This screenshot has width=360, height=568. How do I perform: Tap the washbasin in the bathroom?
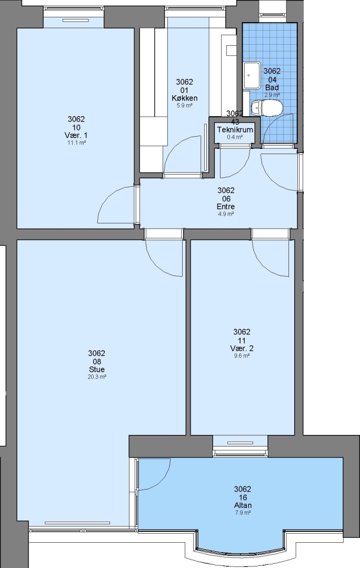point(252,75)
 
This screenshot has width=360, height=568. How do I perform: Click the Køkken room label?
point(185,98)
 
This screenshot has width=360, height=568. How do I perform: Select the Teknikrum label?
point(235,130)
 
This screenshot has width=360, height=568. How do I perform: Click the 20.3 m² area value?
point(97,377)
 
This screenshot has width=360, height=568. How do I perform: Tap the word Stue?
point(97,370)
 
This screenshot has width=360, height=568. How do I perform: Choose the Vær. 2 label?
point(242,349)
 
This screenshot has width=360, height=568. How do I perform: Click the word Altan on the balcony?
point(243,505)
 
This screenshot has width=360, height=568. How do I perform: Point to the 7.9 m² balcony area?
point(243,513)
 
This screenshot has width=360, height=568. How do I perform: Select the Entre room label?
point(226,207)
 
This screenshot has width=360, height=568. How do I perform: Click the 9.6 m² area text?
point(242,356)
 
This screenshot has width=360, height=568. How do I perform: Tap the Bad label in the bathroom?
point(272,87)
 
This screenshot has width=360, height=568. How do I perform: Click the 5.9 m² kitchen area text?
point(185,106)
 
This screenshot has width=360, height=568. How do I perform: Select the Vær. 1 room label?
point(77,136)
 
